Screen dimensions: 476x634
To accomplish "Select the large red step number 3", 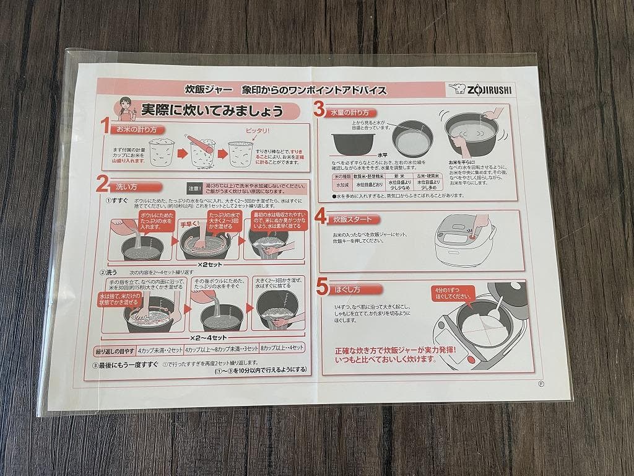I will [x=319, y=110].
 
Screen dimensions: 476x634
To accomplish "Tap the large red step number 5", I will [x=321, y=287].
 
